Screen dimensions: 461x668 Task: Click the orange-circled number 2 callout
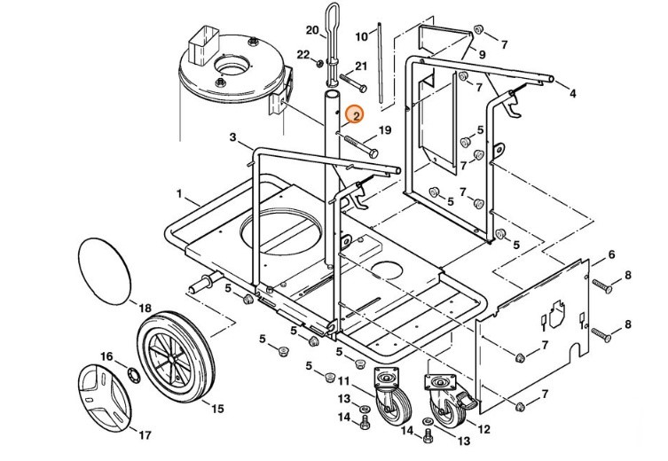tap(354, 114)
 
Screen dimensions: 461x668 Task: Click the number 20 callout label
tap(311, 30)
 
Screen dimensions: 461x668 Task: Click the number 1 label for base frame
tap(179, 193)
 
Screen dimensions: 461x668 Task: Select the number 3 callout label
tap(232, 137)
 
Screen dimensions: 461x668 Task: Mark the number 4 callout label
tap(572, 93)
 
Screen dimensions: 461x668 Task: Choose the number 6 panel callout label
tap(611, 255)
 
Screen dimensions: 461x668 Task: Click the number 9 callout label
tap(482, 54)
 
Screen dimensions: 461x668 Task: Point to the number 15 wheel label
tap(216, 408)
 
